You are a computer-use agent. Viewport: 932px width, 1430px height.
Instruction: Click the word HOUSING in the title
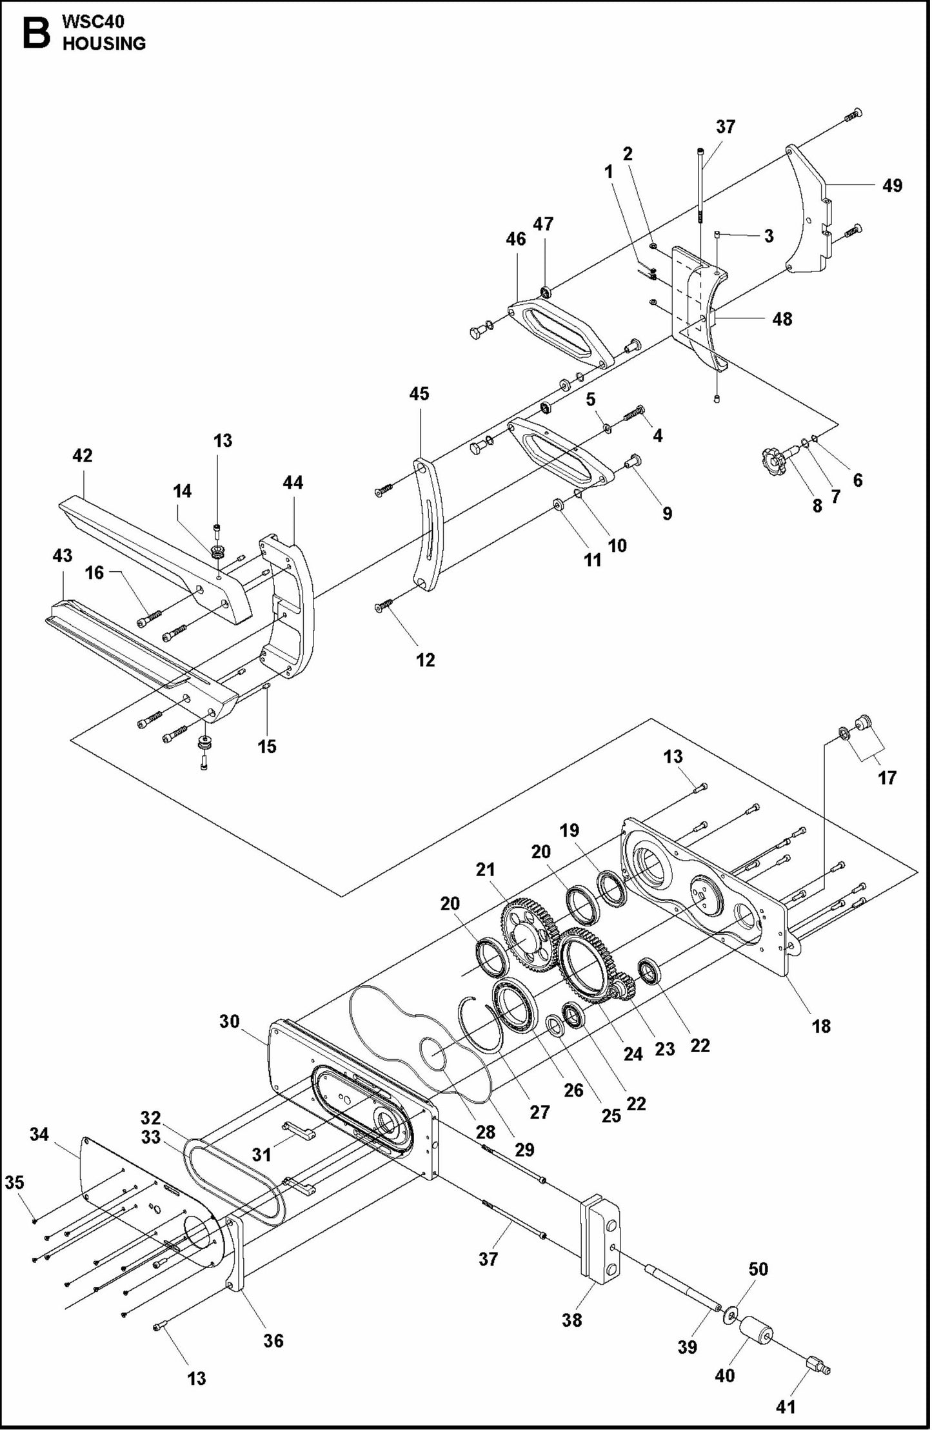pyautogui.click(x=104, y=44)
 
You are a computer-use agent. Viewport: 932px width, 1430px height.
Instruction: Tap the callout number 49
pyautogui.click(x=892, y=186)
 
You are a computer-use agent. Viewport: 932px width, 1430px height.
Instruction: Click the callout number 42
pyautogui.click(x=82, y=456)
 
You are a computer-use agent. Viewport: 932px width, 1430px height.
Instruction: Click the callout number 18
pyautogui.click(x=820, y=1026)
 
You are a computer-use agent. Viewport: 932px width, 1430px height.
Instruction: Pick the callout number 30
pyautogui.click(x=229, y=1021)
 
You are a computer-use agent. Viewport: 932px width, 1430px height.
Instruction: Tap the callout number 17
pyautogui.click(x=887, y=778)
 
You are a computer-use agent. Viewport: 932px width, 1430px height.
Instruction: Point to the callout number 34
pyautogui.click(x=39, y=1134)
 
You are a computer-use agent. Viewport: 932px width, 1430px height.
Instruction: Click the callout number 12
pyautogui.click(x=425, y=660)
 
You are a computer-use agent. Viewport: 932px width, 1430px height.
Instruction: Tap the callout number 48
pyautogui.click(x=782, y=318)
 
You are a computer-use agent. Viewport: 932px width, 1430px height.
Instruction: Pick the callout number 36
pyautogui.click(x=273, y=1340)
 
